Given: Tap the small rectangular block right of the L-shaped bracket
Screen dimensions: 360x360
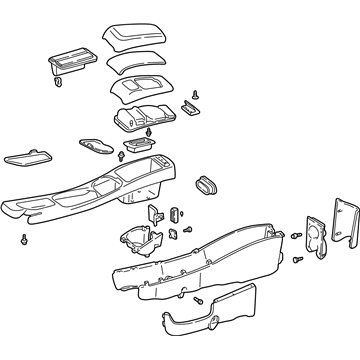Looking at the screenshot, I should click(175, 213).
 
